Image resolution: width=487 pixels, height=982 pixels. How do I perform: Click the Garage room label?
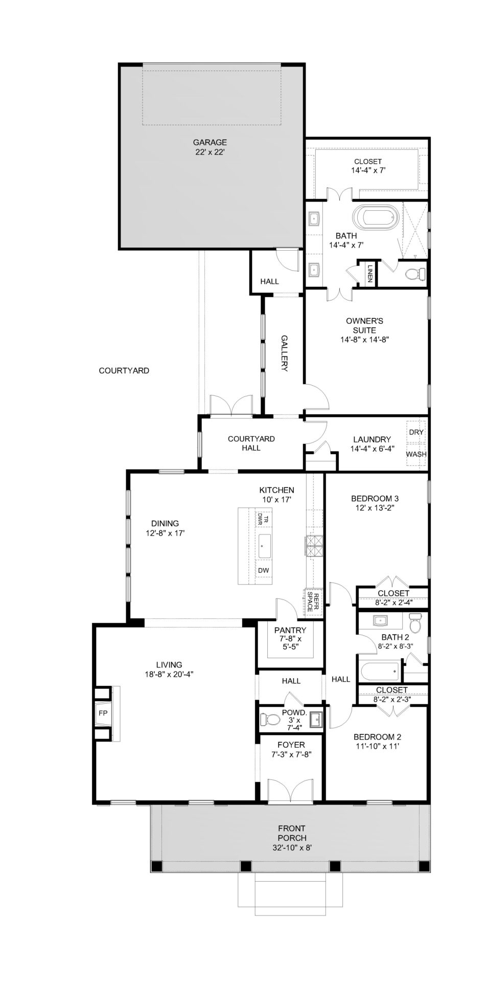(x=210, y=142)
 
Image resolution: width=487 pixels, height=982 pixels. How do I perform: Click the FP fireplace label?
(x=103, y=713)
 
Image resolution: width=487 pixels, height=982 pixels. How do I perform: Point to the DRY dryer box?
(x=416, y=432)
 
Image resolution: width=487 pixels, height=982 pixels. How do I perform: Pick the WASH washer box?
(x=416, y=454)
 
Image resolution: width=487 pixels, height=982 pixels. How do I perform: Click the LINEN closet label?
(x=369, y=274)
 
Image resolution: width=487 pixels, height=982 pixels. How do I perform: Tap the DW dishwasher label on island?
(x=263, y=570)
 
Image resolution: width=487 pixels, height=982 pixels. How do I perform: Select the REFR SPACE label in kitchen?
(x=313, y=601)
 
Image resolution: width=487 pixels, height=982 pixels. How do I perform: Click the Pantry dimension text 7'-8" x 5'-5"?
(x=289, y=643)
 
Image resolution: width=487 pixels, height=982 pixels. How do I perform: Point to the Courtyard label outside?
(x=124, y=370)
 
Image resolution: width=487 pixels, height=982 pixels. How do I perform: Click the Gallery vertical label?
(x=285, y=353)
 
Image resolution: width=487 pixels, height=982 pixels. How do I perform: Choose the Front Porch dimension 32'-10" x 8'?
(x=292, y=847)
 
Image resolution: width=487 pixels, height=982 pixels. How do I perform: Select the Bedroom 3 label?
(x=375, y=498)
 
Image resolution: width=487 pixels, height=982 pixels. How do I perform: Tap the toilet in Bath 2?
(x=415, y=624)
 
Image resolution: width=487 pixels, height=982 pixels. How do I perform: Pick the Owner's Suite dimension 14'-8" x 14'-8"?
(x=365, y=339)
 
